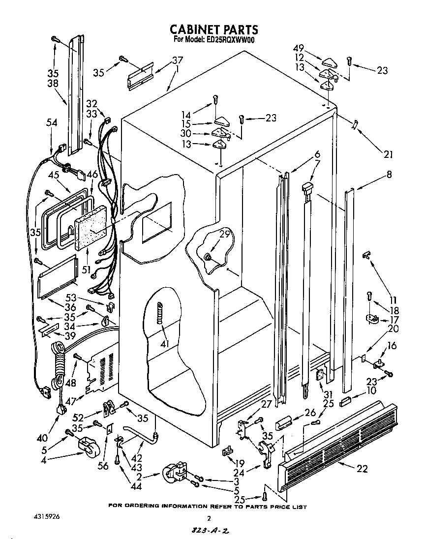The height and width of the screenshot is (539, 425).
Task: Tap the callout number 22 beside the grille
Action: pos(362,469)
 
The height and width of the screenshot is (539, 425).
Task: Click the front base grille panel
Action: pos(339,443)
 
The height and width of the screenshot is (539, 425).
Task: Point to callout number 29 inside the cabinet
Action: pos(224,235)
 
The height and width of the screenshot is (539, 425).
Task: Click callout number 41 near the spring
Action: pos(164,344)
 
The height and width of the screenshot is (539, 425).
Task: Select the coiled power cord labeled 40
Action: pos(58,364)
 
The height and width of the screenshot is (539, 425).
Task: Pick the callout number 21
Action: pos(389,154)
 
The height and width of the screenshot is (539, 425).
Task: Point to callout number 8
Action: pos(389,174)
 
